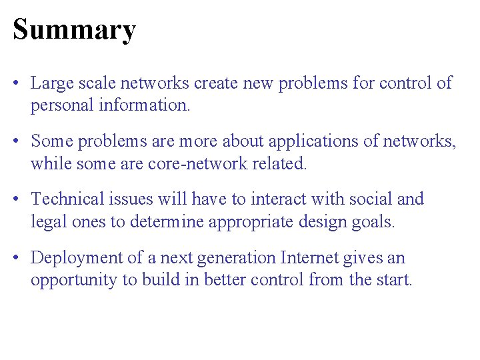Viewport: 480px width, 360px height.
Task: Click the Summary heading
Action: click(74, 29)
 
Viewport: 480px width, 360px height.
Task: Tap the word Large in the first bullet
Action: click(49, 83)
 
